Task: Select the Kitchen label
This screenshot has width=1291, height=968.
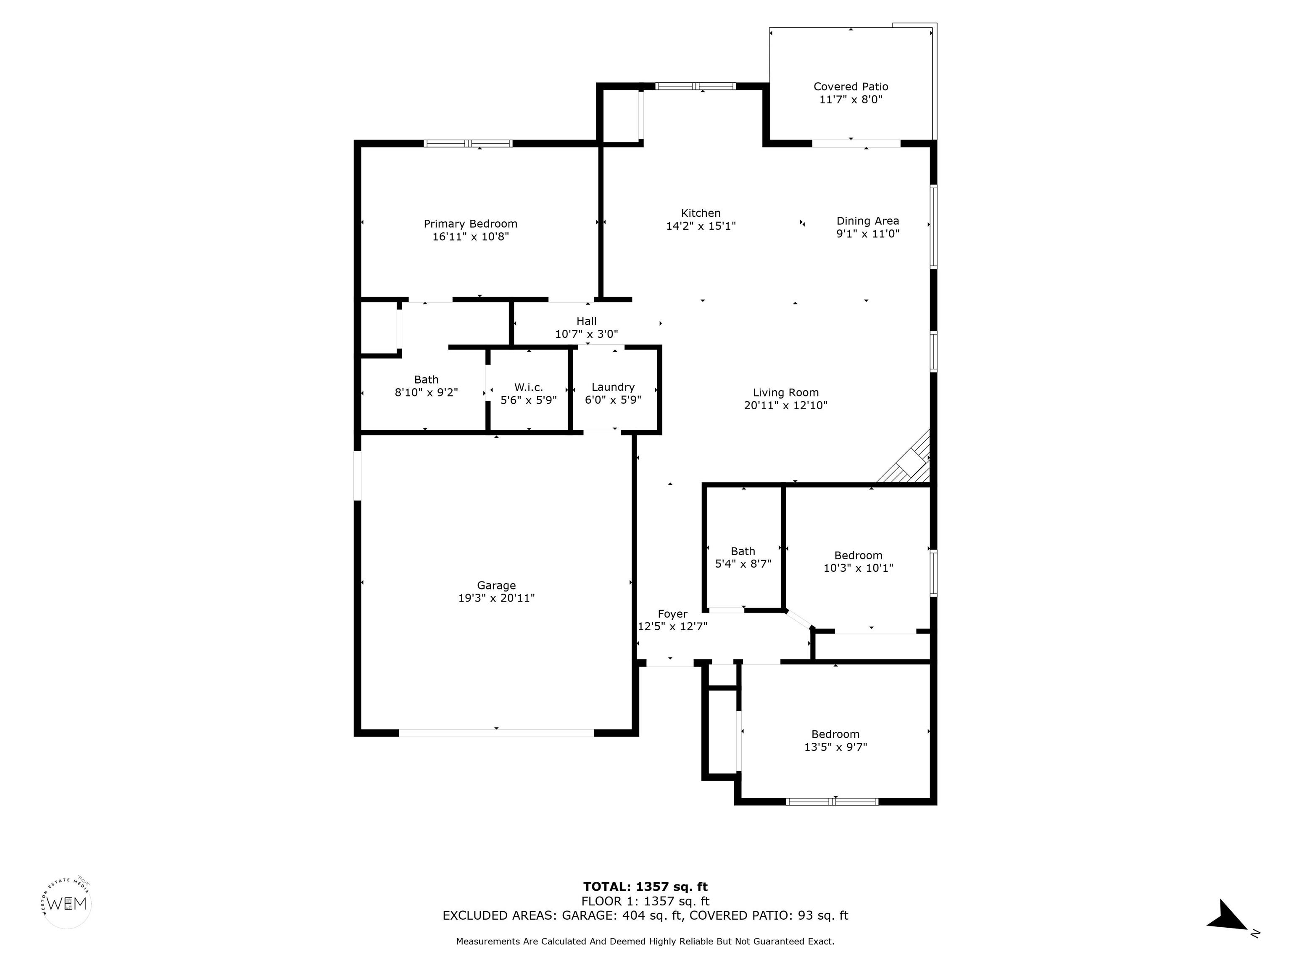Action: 701,213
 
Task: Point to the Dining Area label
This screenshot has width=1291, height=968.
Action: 867,221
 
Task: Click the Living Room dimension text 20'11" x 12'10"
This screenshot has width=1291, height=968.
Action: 785,405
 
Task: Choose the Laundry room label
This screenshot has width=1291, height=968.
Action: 613,387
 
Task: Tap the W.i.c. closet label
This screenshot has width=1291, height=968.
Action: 529,387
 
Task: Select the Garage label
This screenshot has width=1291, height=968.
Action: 496,586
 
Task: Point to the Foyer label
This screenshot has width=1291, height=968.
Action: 672,614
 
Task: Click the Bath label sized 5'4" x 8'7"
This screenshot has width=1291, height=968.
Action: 743,551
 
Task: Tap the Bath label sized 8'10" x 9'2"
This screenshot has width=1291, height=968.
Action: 426,380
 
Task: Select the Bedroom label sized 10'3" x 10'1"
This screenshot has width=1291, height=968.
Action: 858,555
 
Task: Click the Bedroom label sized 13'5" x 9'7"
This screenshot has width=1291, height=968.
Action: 835,734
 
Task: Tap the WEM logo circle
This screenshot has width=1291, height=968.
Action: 67,904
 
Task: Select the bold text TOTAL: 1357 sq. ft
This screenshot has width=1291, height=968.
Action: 645,887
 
